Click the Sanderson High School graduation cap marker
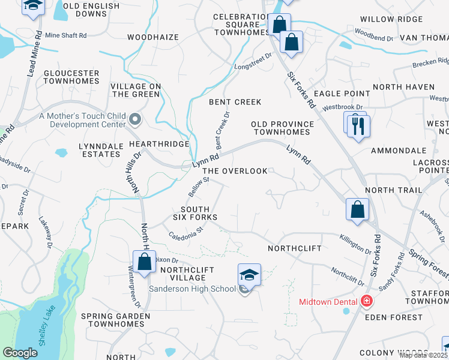coord(250,275)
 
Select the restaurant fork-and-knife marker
coord(359,127)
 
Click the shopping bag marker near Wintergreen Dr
coord(144,262)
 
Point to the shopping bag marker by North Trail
coord(357,210)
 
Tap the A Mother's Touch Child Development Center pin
coord(134,120)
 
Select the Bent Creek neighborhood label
coord(235,102)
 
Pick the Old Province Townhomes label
coord(282,128)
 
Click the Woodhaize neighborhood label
coord(153,37)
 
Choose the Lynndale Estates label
coord(100,150)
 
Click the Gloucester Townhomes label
coord(71,77)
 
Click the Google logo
coord(20,353)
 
